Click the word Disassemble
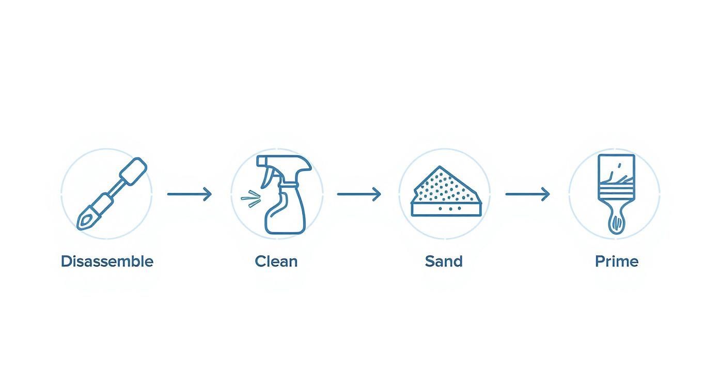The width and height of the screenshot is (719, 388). pos(107,262)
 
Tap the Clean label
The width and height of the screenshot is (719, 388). pos(276,262)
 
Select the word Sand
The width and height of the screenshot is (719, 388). pos(444,262)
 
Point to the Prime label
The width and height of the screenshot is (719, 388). pos(617,262)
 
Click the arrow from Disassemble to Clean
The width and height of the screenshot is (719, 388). pos(190,194)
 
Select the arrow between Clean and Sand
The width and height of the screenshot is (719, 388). pos(359,194)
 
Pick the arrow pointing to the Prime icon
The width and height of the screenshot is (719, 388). pos(528,194)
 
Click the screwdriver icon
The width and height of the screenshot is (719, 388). pos(112,193)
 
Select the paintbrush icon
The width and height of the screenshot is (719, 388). pos(616,194)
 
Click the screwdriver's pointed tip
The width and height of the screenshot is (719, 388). pos(79,228)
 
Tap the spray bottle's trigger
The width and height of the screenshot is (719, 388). pos(268,178)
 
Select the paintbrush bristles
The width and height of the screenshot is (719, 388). pos(616,169)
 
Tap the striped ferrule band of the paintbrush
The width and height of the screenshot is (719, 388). pos(616,192)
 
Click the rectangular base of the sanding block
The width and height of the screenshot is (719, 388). pos(446,209)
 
